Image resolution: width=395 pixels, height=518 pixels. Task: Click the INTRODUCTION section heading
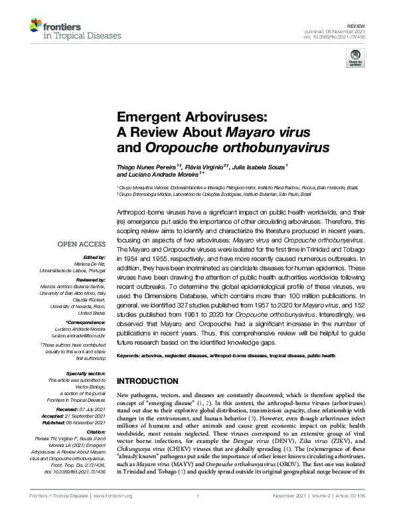(x=147, y=381)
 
